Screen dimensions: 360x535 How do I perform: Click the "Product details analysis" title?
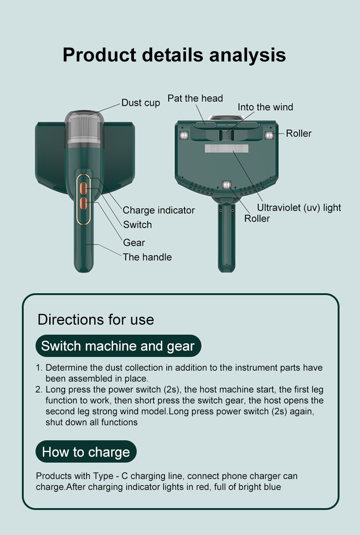(x=174, y=55)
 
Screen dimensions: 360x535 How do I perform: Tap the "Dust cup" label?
(x=141, y=103)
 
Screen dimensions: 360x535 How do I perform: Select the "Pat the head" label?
(x=195, y=98)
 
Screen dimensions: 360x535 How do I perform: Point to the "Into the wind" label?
(x=265, y=107)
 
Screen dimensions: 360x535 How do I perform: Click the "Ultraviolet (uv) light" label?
(x=299, y=208)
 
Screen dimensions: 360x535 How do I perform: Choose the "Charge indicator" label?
(x=159, y=210)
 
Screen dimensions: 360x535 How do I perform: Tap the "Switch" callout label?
(x=137, y=224)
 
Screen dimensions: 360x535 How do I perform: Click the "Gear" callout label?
(x=134, y=243)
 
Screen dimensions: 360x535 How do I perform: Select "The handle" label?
(x=147, y=257)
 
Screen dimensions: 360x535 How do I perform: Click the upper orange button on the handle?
(x=83, y=188)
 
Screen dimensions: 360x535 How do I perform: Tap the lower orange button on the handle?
(x=83, y=204)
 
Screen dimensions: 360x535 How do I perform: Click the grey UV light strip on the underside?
(x=226, y=148)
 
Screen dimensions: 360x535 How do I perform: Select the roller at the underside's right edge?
(x=269, y=135)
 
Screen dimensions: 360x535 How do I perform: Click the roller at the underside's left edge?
(x=184, y=135)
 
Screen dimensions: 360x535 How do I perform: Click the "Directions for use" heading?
(x=96, y=320)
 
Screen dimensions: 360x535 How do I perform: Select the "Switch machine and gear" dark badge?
(x=118, y=346)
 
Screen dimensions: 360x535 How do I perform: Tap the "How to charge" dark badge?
(x=86, y=452)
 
